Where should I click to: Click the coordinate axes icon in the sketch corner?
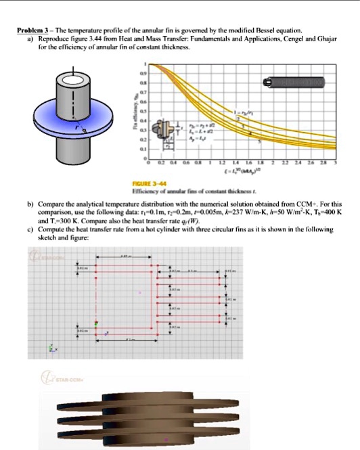[x=53, y=349]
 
